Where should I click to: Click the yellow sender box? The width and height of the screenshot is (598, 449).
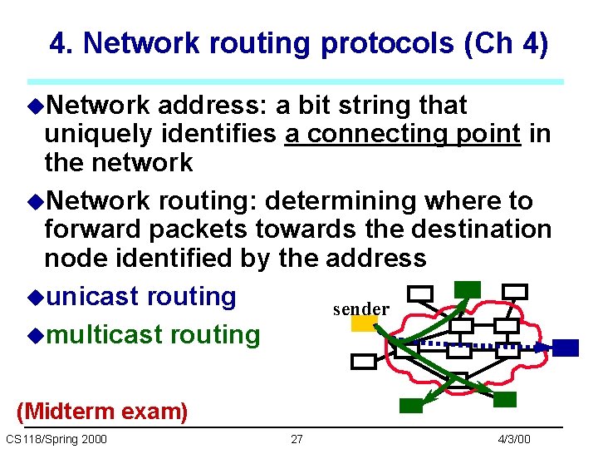[365, 324]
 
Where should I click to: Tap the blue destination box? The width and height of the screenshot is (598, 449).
[566, 348]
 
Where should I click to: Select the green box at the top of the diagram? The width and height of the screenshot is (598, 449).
[468, 289]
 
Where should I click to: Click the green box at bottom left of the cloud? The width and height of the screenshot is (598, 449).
[411, 406]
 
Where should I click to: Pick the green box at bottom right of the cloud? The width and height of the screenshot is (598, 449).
[505, 400]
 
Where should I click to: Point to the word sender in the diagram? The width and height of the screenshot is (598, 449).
[360, 309]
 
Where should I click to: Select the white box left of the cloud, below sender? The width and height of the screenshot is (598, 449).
[364, 362]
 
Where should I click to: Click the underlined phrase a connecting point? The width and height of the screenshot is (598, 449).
[402, 134]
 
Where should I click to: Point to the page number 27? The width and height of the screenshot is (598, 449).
[297, 439]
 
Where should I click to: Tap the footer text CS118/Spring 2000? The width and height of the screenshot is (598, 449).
[56, 439]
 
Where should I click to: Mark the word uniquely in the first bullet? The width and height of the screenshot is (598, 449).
[97, 134]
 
